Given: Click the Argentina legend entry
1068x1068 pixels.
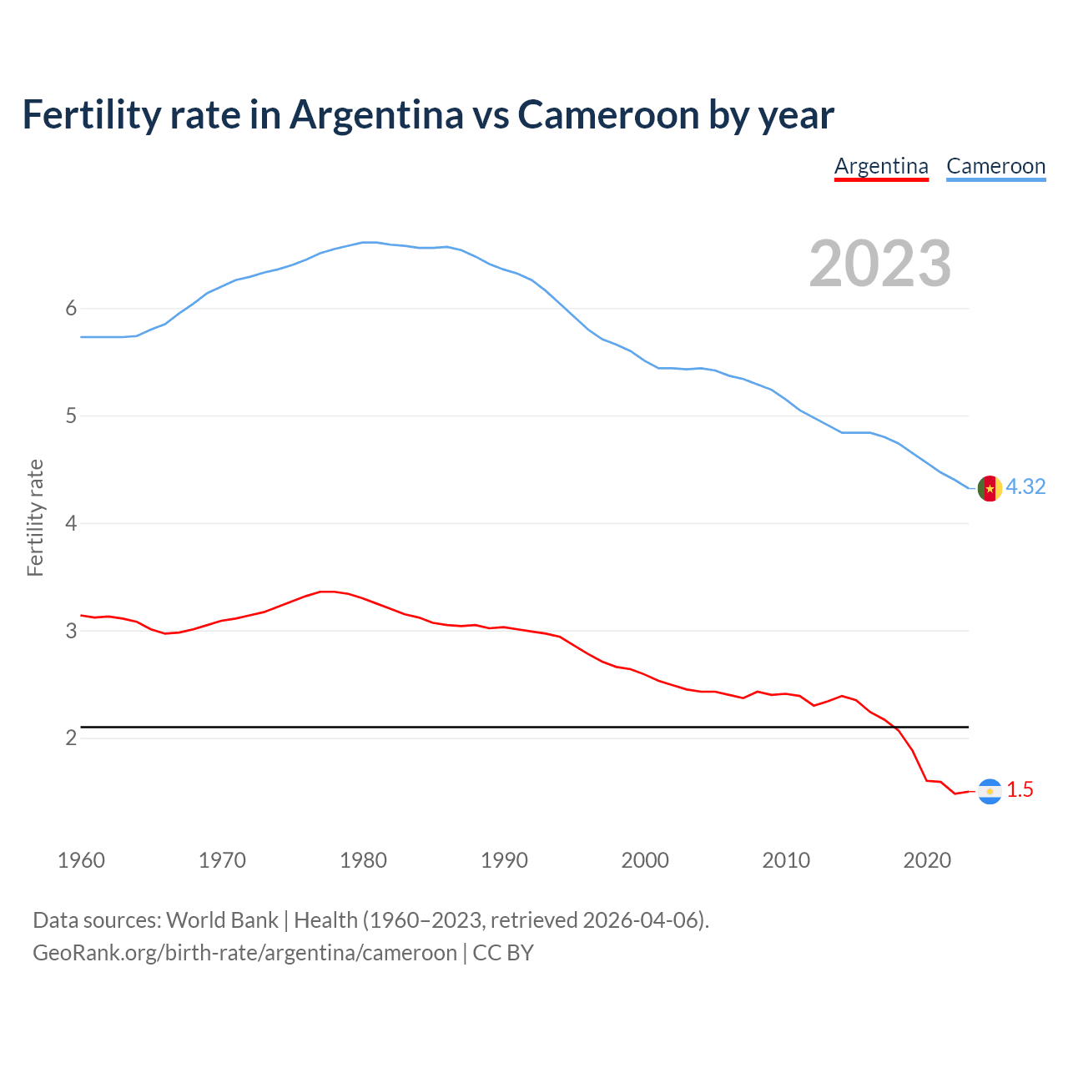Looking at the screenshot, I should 881,166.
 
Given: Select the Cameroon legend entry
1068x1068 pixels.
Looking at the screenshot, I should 995,166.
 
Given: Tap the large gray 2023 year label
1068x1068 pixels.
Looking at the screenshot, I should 880,264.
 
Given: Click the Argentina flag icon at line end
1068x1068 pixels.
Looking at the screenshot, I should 990,791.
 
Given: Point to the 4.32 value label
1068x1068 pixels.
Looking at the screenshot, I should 1025,486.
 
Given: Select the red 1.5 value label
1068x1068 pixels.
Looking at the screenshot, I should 1020,789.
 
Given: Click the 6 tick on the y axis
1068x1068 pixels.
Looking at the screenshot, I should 71,309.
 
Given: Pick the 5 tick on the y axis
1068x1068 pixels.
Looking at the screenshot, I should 71,416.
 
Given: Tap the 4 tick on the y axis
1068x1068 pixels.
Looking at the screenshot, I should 71,523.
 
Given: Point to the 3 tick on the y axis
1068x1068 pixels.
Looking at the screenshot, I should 71,631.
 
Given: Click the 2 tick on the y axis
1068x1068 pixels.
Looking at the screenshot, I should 71,738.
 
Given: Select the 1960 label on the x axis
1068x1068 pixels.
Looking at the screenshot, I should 81,860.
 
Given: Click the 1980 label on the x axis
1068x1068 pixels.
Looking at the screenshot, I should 363,860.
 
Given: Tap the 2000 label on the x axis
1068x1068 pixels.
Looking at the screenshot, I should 645,860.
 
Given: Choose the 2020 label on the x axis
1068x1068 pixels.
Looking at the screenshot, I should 927,860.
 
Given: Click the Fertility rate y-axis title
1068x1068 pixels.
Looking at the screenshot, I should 35,517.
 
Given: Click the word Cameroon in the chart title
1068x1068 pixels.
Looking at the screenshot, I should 608,115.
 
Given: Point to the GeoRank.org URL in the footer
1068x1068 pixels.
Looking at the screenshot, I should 244,953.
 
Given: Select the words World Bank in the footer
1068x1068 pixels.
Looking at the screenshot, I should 222,920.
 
